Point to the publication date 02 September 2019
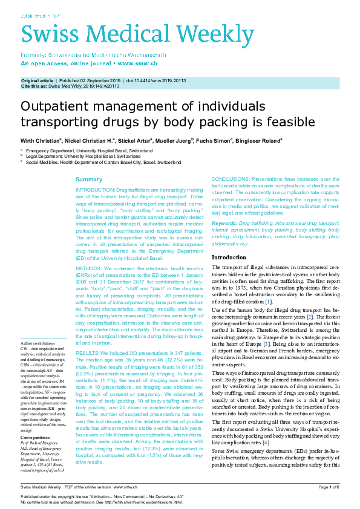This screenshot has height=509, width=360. coord(97,80)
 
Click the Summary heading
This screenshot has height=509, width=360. coord(88,180)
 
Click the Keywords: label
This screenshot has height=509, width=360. coord(224,224)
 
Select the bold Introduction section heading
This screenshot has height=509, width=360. coord(229,258)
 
